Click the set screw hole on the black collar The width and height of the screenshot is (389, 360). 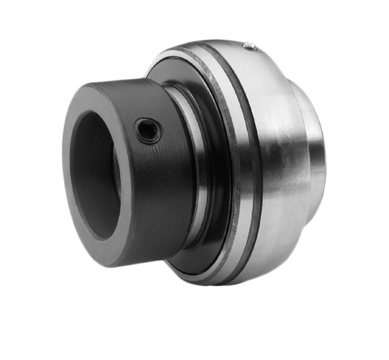tap(149, 130)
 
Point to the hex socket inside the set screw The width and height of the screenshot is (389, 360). tap(149, 130)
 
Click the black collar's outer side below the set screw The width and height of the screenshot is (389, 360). tap(155, 186)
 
